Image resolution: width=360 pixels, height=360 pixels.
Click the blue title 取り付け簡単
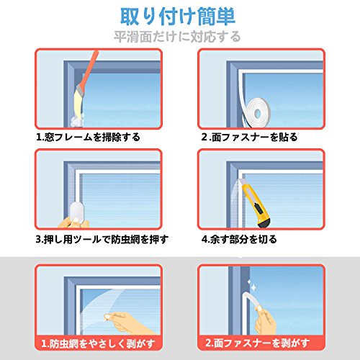click(x=178, y=17)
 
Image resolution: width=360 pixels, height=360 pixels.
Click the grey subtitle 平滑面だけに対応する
click(x=177, y=37)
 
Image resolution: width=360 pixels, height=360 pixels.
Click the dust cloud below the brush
click(x=76, y=120)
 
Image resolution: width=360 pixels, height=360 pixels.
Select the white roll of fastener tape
click(x=257, y=112)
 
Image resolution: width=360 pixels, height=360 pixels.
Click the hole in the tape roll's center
click(x=258, y=113)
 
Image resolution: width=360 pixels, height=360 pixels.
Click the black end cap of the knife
click(x=265, y=222)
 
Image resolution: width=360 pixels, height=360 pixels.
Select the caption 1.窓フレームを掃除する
click(x=88, y=137)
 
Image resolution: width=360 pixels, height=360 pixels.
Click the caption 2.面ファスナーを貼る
click(x=250, y=137)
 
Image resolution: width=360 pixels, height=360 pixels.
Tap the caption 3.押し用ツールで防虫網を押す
click(x=102, y=239)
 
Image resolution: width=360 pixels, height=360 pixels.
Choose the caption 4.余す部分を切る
click(x=239, y=239)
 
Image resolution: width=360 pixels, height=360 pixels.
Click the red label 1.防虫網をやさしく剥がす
click(x=99, y=343)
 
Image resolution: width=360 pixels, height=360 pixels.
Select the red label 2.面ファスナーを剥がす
click(x=257, y=343)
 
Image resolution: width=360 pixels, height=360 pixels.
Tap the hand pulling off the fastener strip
click(x=265, y=319)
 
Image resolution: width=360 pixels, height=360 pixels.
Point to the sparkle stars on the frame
click(x=251, y=286)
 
